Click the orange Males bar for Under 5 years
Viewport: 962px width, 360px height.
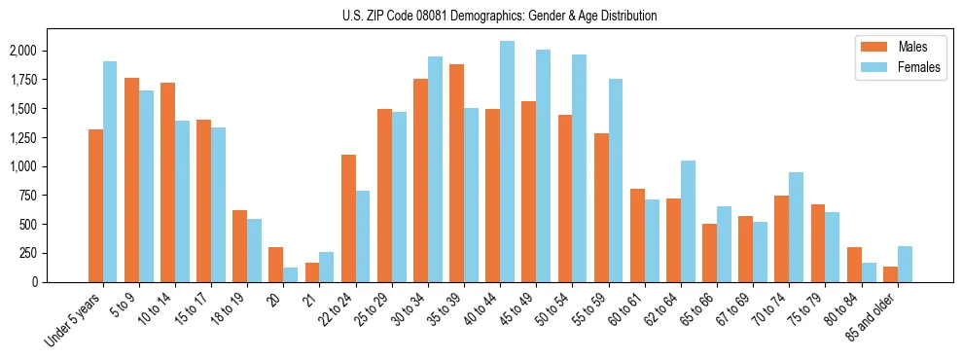95,205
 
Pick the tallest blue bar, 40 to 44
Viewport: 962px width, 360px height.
507,162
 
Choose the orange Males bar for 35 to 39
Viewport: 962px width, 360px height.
456,173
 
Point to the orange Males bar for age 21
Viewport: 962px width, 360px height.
312,272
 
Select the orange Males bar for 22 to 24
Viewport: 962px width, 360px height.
348,218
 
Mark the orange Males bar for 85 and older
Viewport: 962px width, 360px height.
890,274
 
